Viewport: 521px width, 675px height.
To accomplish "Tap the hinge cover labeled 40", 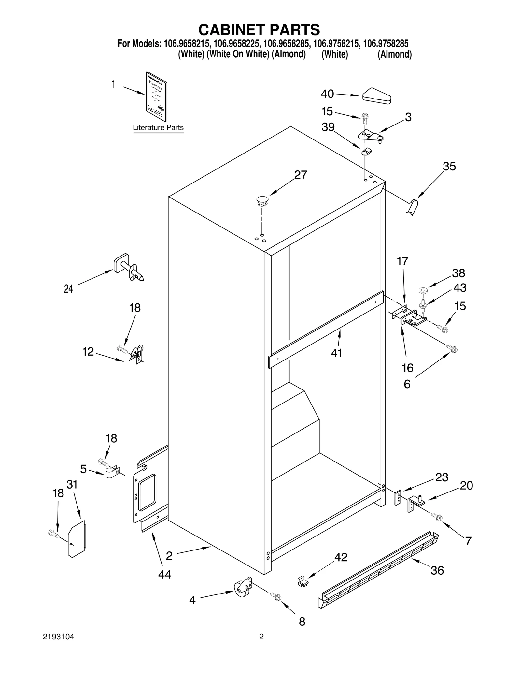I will [377, 96].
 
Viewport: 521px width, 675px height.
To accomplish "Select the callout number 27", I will [300, 175].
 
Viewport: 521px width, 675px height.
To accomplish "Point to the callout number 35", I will [449, 167].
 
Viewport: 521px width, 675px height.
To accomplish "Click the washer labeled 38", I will [423, 289].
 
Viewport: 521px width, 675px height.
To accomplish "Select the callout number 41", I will [336, 353].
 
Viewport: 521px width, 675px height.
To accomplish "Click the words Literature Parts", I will [158, 128].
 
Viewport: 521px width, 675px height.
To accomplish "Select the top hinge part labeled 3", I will [371, 135].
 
